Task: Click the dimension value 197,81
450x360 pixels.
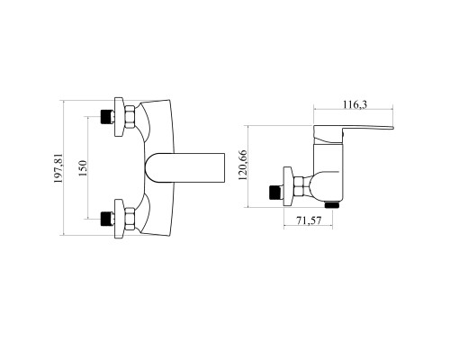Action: (x=58, y=168)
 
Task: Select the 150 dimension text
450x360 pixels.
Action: (x=83, y=168)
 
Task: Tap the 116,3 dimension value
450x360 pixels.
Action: (x=355, y=104)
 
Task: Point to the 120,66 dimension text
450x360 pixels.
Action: (x=242, y=165)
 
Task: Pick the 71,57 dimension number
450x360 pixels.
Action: (x=309, y=220)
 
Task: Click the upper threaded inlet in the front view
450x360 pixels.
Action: (x=108, y=117)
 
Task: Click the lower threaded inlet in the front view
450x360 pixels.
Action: (x=108, y=219)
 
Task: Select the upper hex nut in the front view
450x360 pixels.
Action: (x=130, y=117)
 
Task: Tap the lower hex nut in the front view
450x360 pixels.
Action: (x=130, y=219)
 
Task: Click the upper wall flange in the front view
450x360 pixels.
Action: (x=120, y=117)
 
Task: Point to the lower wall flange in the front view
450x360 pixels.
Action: (x=120, y=219)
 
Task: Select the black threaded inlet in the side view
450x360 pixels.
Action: (x=275, y=192)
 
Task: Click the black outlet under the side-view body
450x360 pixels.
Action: (x=332, y=205)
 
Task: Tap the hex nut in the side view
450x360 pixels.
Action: (x=299, y=186)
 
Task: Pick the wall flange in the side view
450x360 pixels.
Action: (x=289, y=186)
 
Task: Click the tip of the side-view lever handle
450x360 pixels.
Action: (x=393, y=128)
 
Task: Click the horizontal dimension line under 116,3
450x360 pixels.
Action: (x=353, y=110)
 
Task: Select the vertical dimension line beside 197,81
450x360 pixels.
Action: (x=64, y=168)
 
